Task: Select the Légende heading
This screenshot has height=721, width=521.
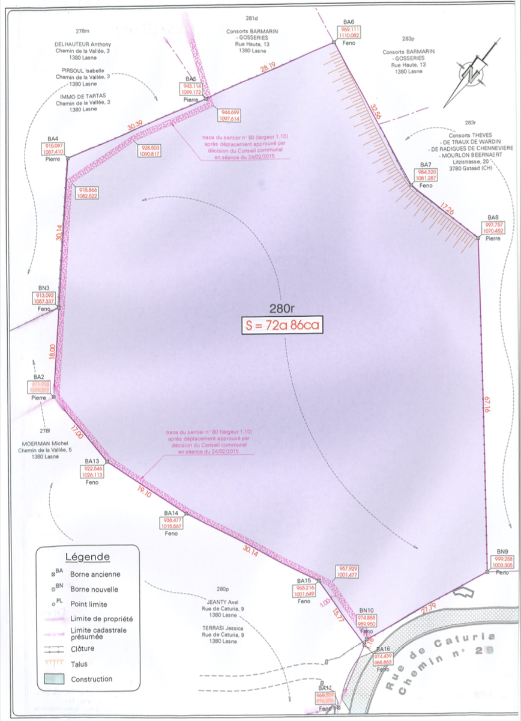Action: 87,557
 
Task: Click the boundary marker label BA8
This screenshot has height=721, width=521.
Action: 493,217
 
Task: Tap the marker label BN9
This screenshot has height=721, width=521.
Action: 502,552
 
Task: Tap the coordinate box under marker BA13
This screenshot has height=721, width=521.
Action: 92,472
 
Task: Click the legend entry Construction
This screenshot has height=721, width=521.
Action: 91,679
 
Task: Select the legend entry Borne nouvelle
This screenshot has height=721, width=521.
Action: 94,589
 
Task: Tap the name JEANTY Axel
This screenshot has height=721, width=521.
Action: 224,601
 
